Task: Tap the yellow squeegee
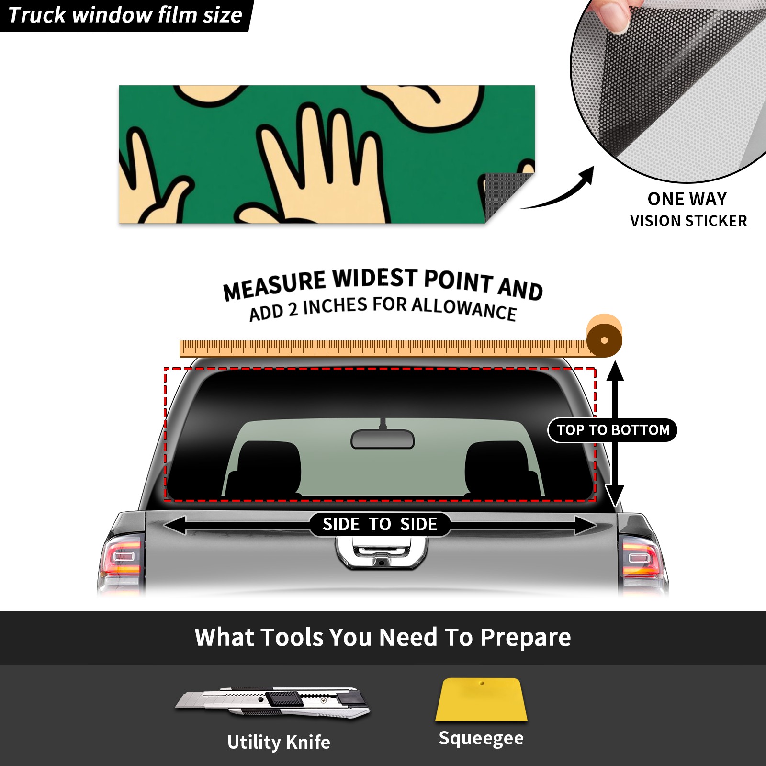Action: (481, 699)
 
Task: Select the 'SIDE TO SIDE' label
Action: (380, 524)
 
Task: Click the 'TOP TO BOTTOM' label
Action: (613, 430)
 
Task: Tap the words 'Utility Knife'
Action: (279, 743)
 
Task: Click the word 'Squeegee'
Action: (481, 738)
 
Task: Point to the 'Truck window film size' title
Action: (125, 15)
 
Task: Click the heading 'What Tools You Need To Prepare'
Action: (383, 638)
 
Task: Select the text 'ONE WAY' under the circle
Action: (687, 199)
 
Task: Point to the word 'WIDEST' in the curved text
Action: (375, 279)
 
